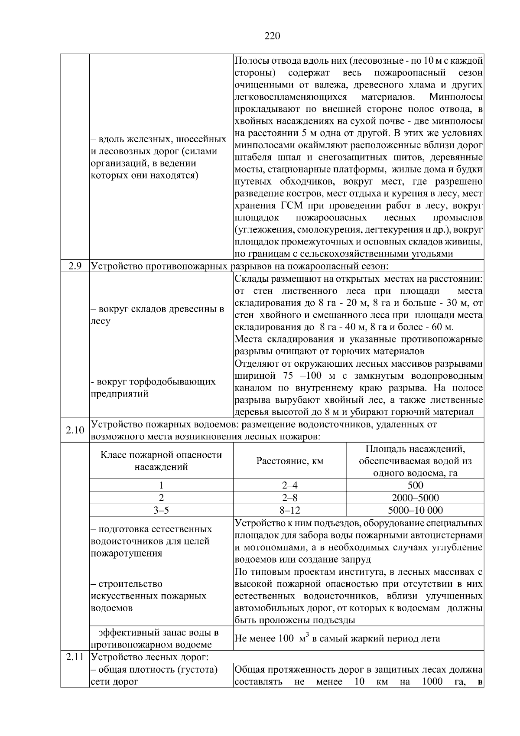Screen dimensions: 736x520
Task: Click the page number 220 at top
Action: pos(272,36)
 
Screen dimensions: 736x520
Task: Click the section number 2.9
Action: pos(75,265)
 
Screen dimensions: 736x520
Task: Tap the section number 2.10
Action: pos(75,430)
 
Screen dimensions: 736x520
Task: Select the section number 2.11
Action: pos(75,657)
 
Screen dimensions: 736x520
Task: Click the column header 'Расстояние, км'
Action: pos(289,461)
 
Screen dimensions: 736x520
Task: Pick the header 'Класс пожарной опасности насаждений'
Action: pos(161,461)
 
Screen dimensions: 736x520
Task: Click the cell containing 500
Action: pos(415,485)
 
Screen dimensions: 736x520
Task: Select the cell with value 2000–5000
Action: pos(415,498)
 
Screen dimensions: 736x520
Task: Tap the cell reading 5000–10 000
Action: pos(415,510)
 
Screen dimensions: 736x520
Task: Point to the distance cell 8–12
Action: pos(289,510)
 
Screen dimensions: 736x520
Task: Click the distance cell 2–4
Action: pos(289,485)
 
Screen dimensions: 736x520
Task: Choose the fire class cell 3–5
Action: pos(161,510)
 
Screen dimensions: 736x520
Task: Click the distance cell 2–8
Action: pos(289,498)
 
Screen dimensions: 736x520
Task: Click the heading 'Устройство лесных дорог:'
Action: pos(150,657)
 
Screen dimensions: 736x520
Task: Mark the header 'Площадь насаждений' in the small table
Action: pos(415,461)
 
